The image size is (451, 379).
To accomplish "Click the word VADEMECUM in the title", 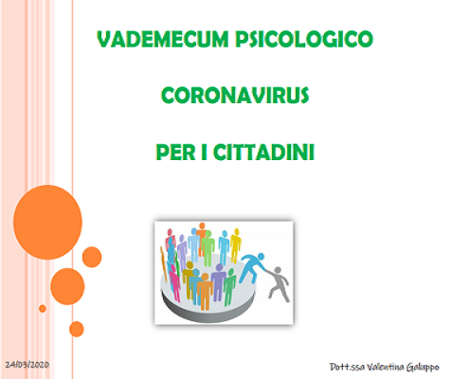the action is point(163,39).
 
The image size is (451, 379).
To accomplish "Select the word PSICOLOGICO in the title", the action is point(304,39).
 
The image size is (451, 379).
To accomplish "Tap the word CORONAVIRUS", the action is point(235,96).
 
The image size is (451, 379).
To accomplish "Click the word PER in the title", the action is point(175,153).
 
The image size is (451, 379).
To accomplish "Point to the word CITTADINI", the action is point(263,153).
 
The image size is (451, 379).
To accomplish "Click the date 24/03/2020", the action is point(27,365).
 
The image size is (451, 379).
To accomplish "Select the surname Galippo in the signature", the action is point(423,368).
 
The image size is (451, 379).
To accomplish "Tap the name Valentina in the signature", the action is point(385,367).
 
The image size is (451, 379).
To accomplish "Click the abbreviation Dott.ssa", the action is point(347,367).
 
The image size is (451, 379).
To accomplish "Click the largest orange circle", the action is point(47,223).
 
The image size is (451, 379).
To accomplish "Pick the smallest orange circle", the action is point(43,309).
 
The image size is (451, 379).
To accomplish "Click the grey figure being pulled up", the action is point(278,284).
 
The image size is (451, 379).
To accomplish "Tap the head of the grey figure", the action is point(278,271).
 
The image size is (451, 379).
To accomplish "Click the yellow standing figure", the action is point(235,245).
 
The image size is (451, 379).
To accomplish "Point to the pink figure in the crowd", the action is point(174,282).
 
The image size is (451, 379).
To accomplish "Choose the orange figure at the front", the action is point(205,292).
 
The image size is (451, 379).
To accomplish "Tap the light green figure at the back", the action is point(207,248).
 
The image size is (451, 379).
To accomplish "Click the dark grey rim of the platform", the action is point(208,311).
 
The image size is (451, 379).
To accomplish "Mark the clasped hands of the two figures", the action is point(265,269).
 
